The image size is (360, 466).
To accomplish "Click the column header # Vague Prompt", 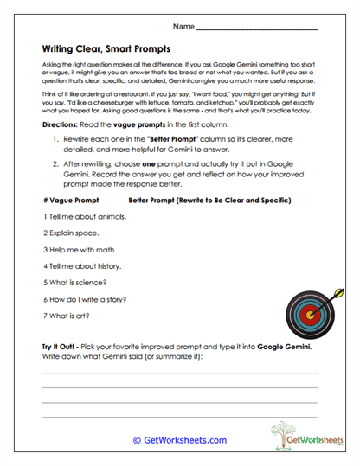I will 70,200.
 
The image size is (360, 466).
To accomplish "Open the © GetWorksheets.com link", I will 179,439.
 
